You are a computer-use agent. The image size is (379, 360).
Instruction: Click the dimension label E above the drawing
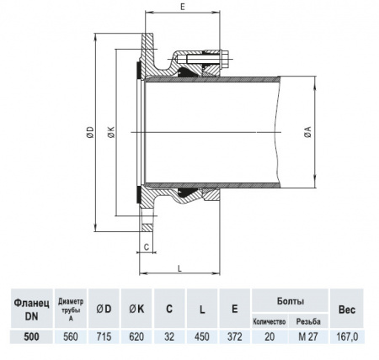pos(184,7)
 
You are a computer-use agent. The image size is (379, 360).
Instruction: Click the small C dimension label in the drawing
pos(147,247)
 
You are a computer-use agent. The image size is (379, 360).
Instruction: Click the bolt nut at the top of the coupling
pos(225,60)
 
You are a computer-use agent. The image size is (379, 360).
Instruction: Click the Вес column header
pos(347,309)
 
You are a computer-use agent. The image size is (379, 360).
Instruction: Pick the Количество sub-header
pos(270,322)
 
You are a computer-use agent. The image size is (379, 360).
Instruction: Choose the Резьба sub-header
pos(308,322)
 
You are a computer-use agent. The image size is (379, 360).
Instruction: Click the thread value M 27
pos(308,336)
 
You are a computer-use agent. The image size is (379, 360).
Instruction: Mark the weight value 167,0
pos(347,336)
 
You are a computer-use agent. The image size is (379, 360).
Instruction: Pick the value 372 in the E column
pos(233,336)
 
